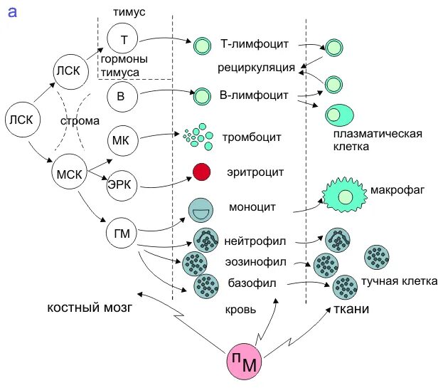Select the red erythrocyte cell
click(x=202, y=172)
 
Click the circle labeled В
click(x=123, y=95)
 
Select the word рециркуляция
click(x=256, y=68)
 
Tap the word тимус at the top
click(x=130, y=11)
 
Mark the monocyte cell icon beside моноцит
click(x=201, y=210)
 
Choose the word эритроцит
click(x=257, y=172)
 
